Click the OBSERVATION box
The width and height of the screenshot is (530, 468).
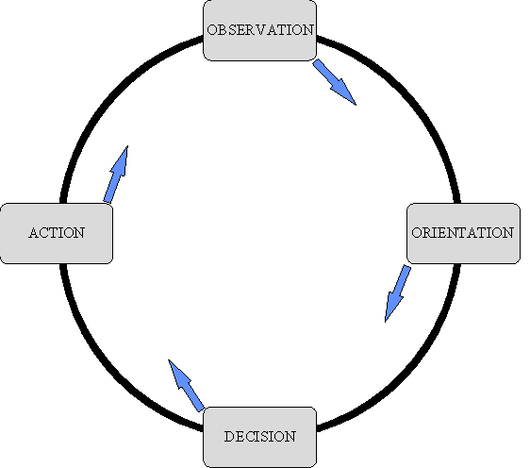[259, 30]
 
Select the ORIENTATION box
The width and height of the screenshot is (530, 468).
[463, 233]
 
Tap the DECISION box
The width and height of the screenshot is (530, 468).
[259, 437]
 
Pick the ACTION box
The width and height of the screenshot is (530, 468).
[57, 233]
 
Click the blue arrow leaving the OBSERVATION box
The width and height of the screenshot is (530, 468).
[334, 82]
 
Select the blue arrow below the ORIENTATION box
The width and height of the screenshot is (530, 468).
[398, 293]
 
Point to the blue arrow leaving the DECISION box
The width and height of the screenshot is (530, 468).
[186, 386]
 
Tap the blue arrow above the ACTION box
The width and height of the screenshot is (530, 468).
[116, 175]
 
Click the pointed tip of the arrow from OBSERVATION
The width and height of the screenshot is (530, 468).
[356, 105]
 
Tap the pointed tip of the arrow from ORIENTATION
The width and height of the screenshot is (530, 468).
[386, 322]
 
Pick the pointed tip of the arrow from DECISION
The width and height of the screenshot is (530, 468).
[168, 359]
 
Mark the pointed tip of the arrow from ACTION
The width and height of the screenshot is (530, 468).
[127, 146]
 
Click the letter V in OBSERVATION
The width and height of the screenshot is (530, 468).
[261, 30]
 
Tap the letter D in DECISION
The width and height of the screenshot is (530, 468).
[229, 437]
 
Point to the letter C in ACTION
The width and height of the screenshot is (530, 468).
[45, 233]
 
